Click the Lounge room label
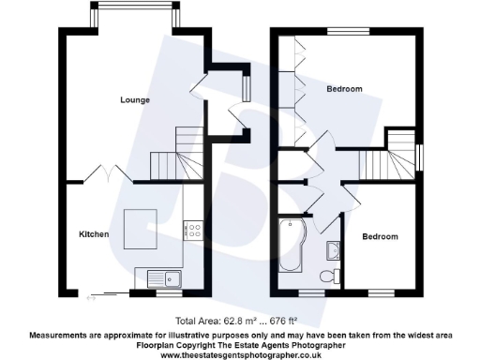(x=136, y=98)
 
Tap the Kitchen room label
(x=94, y=233)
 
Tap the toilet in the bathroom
(x=327, y=275)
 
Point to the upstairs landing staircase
(x=387, y=159)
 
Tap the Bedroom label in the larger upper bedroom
(x=344, y=89)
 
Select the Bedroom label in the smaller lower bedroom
(x=381, y=236)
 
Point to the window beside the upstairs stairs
(x=419, y=156)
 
